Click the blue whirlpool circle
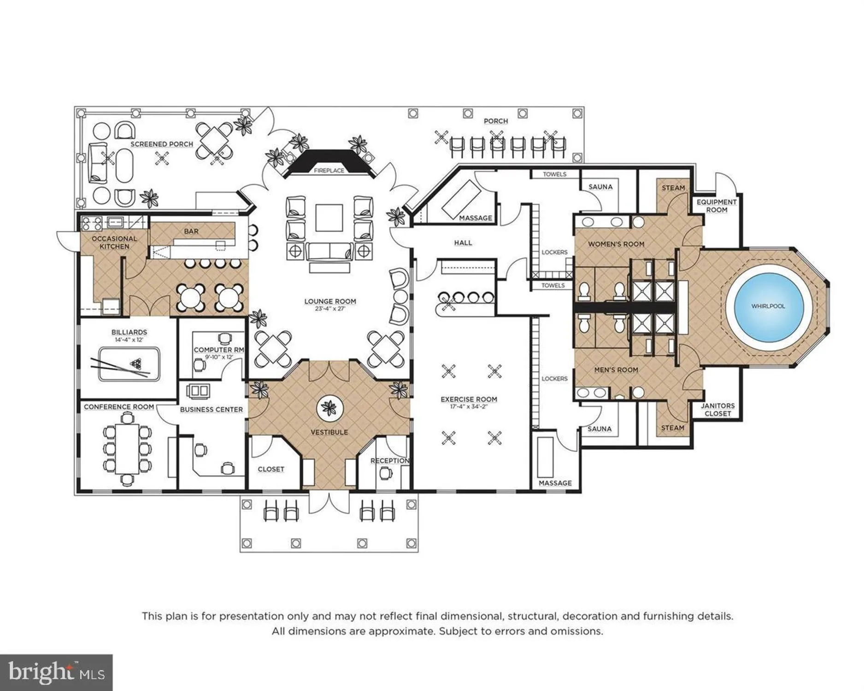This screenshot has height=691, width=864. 768,306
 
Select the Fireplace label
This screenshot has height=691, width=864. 329,170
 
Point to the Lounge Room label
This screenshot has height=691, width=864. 330,301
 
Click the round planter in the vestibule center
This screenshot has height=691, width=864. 329,408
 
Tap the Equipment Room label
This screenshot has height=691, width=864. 716,206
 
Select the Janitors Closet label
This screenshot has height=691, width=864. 717,410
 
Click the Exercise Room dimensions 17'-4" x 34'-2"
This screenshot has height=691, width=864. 469,407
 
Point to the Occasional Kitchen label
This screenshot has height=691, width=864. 114,242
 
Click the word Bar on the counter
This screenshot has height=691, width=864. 191,231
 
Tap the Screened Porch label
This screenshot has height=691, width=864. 162,144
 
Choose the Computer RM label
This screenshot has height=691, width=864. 219,350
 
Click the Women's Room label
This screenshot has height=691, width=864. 616,244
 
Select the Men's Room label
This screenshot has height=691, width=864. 616,369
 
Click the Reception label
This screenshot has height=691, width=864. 390,461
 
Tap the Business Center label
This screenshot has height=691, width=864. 211,410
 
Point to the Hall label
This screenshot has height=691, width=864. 463,243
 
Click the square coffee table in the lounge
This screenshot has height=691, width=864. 329,217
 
